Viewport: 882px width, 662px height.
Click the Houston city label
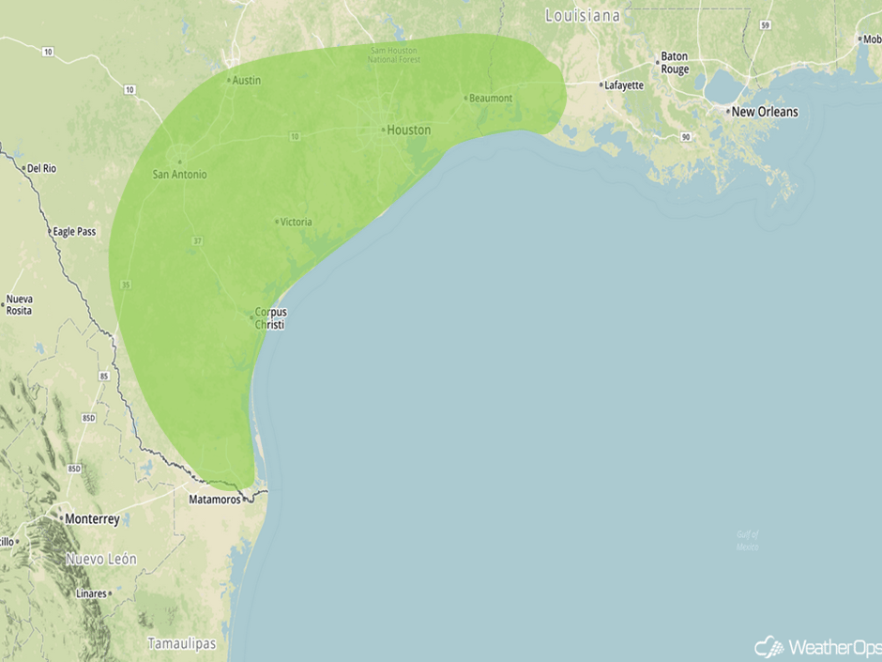(408, 130)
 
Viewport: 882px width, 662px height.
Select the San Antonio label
(179, 174)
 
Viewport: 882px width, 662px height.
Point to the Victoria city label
(296, 222)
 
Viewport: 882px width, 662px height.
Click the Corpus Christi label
(270, 318)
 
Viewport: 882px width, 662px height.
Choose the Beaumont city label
(490, 98)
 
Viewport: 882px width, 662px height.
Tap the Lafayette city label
(624, 85)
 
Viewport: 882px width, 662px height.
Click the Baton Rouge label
(674, 63)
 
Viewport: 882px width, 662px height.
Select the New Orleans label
(764, 112)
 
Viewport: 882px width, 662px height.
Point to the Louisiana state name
(583, 16)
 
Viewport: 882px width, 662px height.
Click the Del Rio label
(42, 168)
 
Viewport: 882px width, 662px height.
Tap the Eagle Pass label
(74, 231)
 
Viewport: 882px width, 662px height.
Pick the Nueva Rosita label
(19, 304)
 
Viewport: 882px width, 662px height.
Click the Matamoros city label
(216, 500)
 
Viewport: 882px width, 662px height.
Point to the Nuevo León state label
(100, 559)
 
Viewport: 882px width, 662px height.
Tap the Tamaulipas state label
(181, 643)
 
